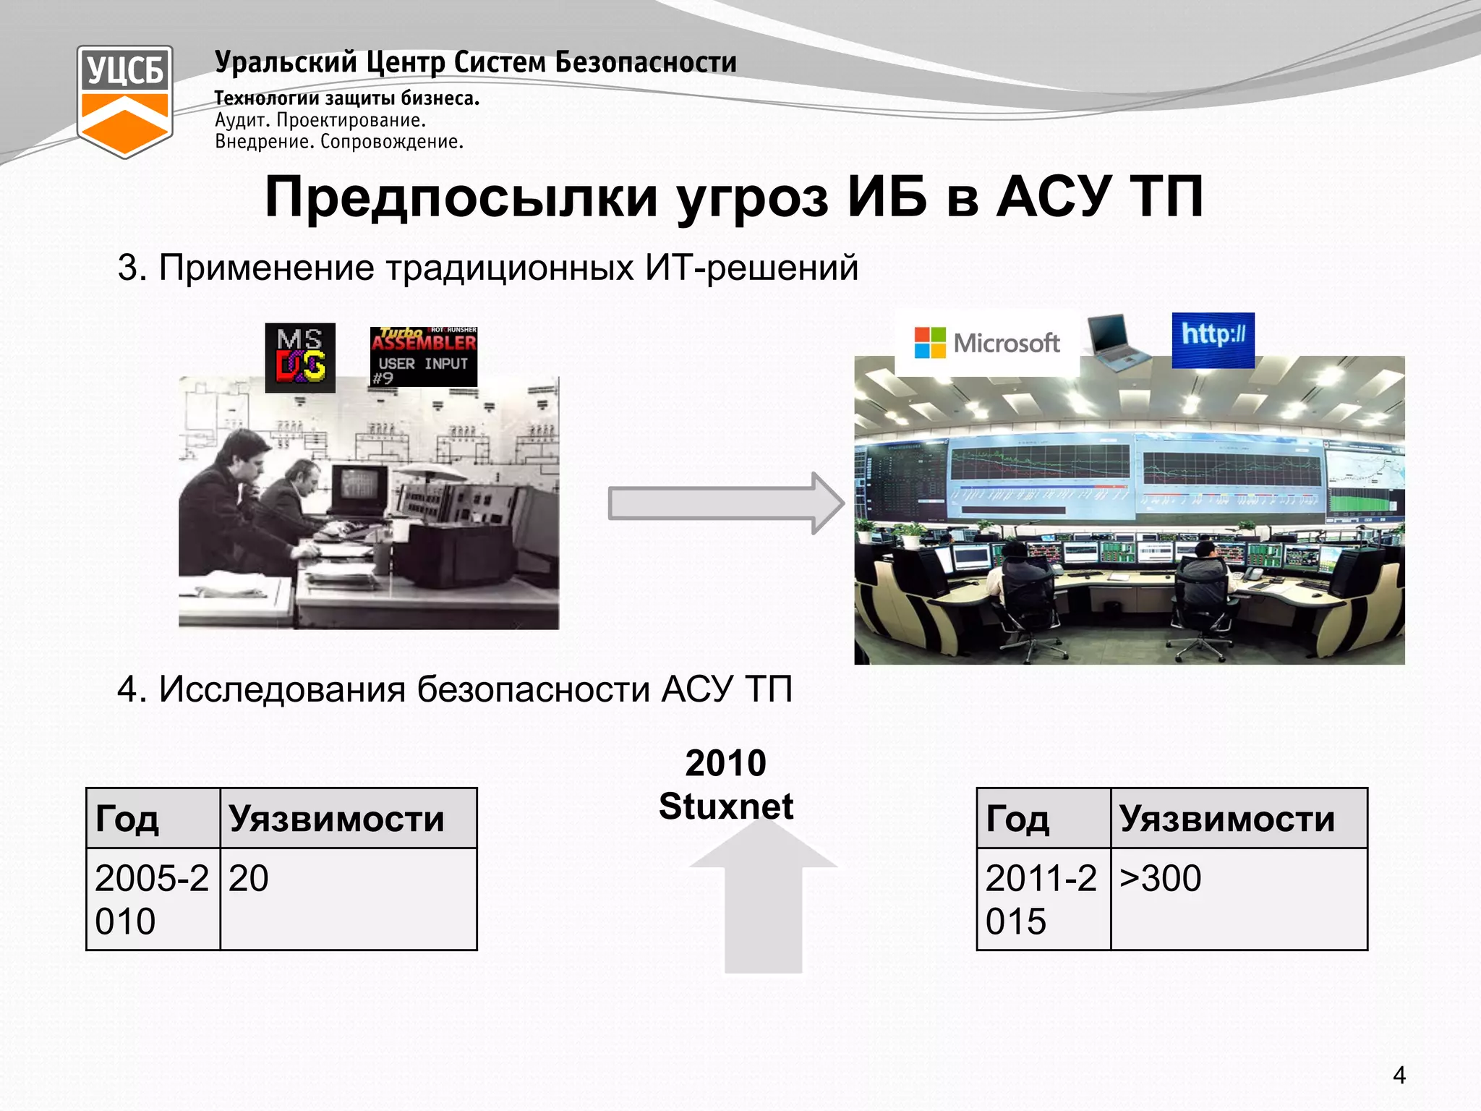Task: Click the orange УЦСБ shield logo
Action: pyautogui.click(x=125, y=101)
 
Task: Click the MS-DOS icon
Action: pyautogui.click(x=300, y=358)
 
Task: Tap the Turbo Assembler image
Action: pyautogui.click(x=424, y=357)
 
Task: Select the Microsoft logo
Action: pyautogui.click(x=987, y=343)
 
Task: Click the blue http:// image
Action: pyautogui.click(x=1213, y=340)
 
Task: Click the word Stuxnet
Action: pyautogui.click(x=726, y=806)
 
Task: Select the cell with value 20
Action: pyautogui.click(x=348, y=898)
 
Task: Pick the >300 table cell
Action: pyautogui.click(x=1238, y=898)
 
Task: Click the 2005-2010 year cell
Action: pyautogui.click(x=153, y=899)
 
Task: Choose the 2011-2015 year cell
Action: pyautogui.click(x=1043, y=899)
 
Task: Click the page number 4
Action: pyautogui.click(x=1399, y=1076)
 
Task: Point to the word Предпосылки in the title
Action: pyautogui.click(x=461, y=197)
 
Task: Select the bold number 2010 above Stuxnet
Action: pyautogui.click(x=726, y=763)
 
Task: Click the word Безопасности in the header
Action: pyautogui.click(x=646, y=62)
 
